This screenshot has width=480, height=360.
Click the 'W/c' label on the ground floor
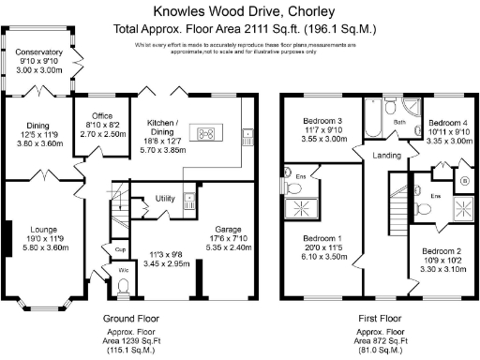coord(122,272)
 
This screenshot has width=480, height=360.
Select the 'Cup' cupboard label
coord(121,250)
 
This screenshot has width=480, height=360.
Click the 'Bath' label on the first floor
coord(397,123)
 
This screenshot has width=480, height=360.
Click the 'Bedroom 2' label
coord(441,251)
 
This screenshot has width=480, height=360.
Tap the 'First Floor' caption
coord(382,319)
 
